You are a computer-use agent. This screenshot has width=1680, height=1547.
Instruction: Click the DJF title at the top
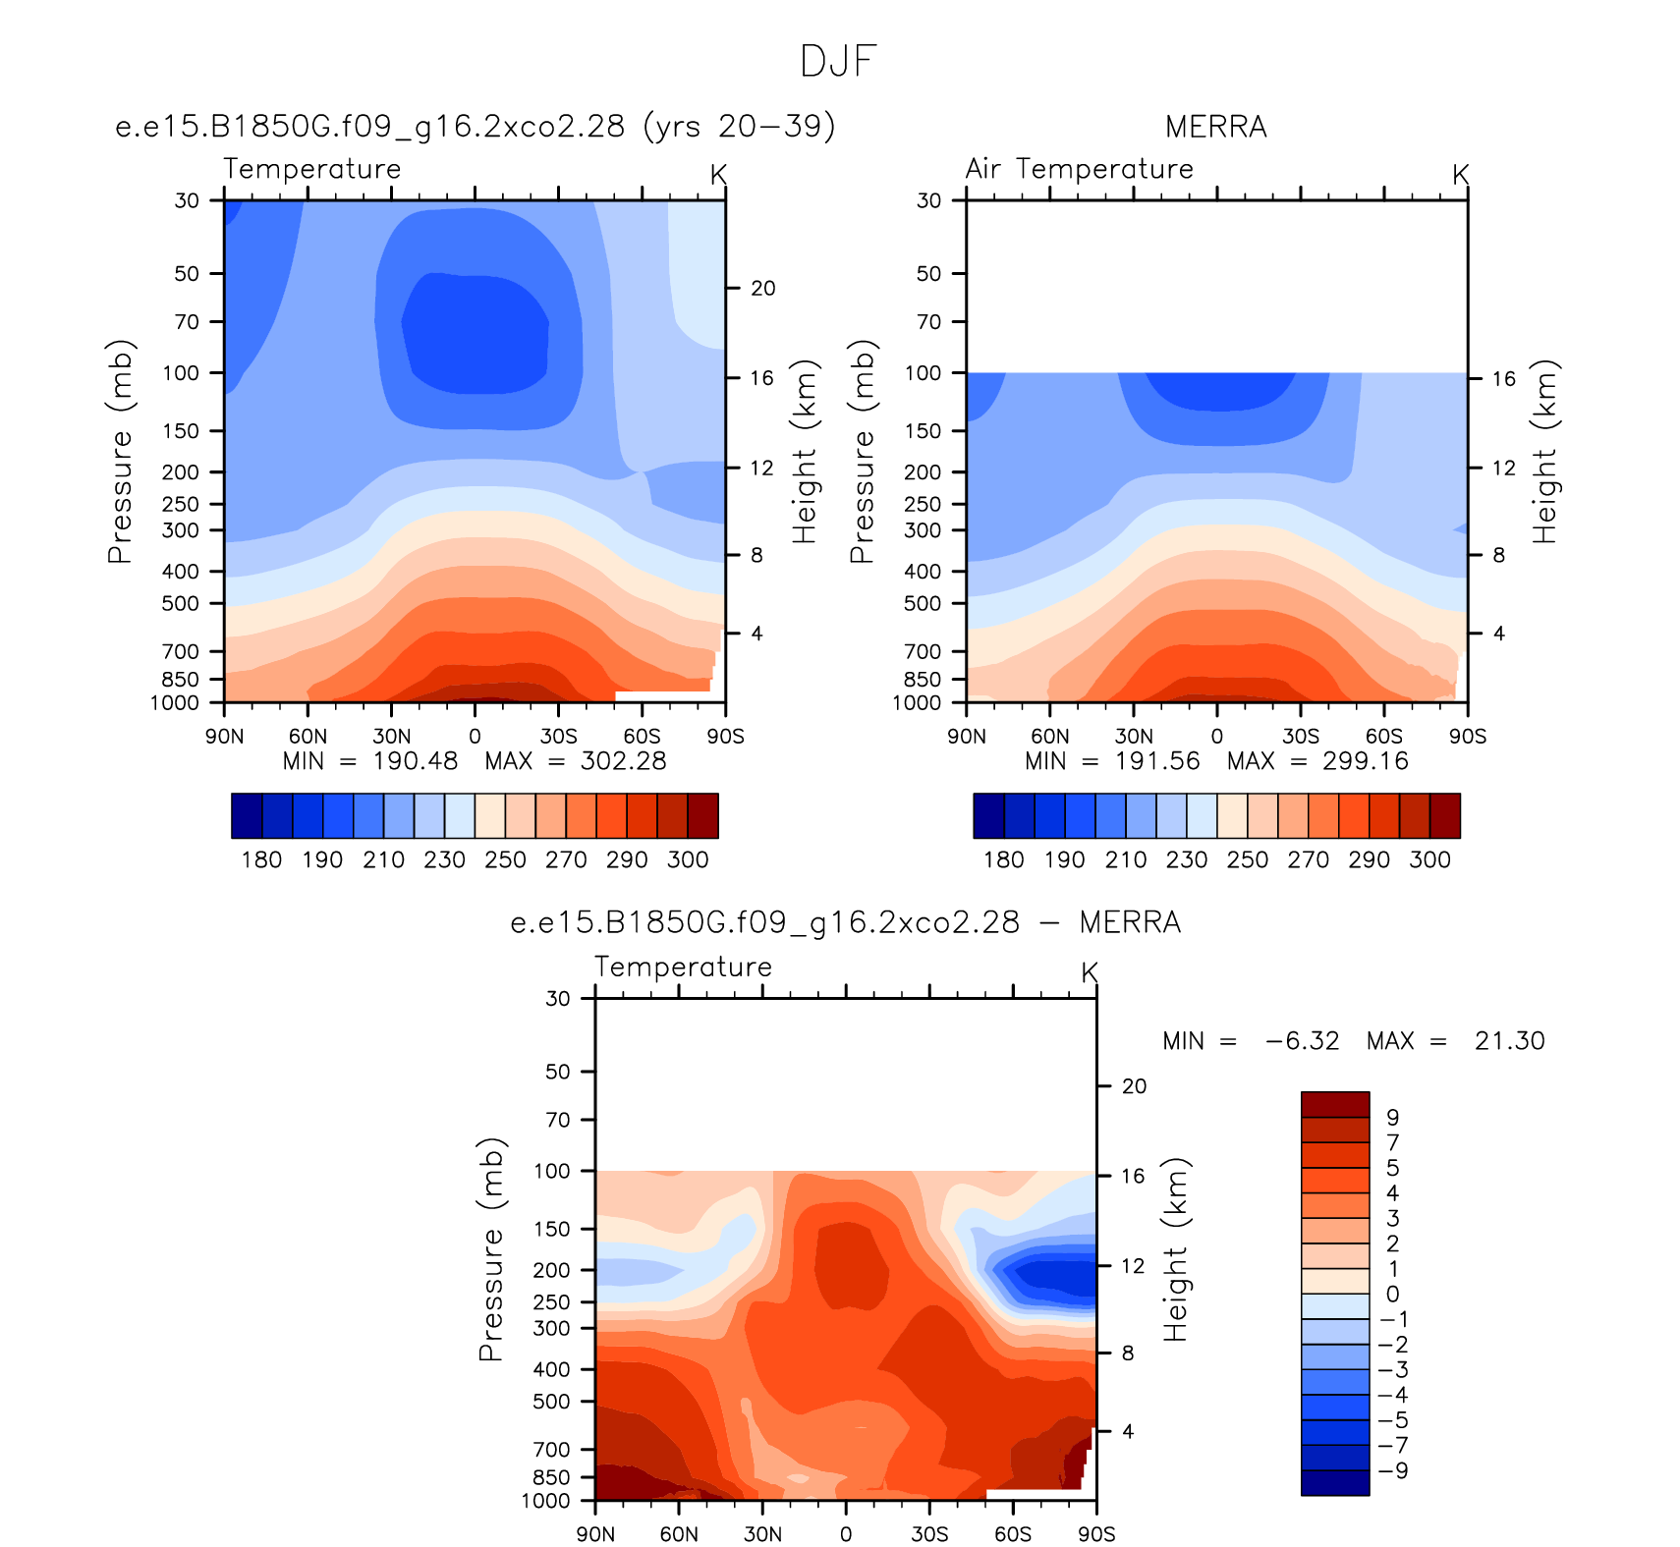click(x=838, y=61)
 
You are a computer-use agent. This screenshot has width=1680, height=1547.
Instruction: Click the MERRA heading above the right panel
click(x=1216, y=127)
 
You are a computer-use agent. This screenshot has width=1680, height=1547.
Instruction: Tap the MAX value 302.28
click(x=624, y=761)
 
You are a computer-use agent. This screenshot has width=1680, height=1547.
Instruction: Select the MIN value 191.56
click(x=1157, y=761)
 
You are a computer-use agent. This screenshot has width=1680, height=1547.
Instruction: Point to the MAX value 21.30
click(x=1510, y=1041)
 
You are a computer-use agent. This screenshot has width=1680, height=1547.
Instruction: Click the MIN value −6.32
click(x=1303, y=1041)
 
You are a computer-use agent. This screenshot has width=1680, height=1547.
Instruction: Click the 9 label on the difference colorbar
click(x=1392, y=1118)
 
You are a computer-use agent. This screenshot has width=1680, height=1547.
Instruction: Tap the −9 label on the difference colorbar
click(x=1393, y=1470)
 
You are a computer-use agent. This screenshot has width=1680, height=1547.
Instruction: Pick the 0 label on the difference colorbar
click(x=1392, y=1295)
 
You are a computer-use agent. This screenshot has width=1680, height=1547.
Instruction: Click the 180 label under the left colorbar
click(x=262, y=860)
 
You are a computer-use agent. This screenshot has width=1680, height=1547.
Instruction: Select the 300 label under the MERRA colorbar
click(x=1430, y=860)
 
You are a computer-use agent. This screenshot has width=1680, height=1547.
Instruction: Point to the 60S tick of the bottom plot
click(x=1013, y=1534)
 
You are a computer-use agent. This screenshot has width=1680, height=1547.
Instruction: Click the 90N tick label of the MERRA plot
click(x=967, y=737)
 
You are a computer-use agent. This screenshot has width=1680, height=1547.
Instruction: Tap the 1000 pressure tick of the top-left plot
click(x=175, y=703)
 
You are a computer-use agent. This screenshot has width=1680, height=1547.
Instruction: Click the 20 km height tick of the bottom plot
click(x=1135, y=1086)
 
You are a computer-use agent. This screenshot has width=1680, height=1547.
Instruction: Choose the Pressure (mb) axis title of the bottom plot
click(x=491, y=1249)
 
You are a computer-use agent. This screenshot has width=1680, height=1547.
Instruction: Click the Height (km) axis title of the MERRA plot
click(x=1544, y=452)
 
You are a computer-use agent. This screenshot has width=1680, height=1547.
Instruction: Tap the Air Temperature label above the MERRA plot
click(x=1079, y=169)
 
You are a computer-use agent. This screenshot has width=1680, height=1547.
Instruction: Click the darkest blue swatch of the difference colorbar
click(x=1335, y=1482)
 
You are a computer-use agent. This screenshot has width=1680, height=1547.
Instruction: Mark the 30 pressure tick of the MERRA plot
click(x=929, y=200)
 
